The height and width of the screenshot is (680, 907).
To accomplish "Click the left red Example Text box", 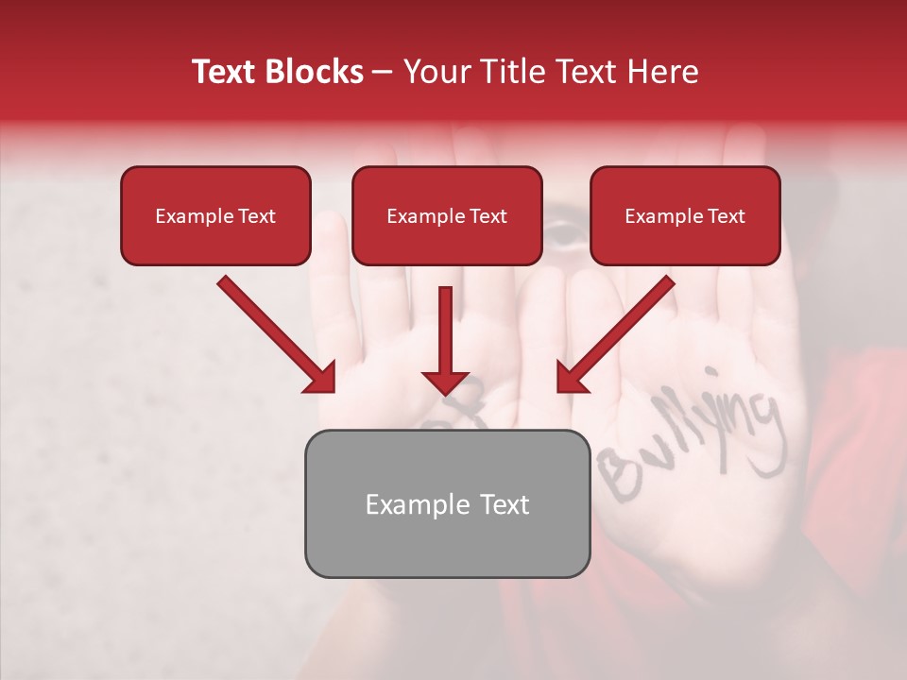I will (215, 215).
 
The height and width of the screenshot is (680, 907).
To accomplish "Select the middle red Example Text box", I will (447, 215).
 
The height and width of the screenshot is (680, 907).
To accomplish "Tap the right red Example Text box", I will (685, 215).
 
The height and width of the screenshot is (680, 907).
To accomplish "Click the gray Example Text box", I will (447, 503).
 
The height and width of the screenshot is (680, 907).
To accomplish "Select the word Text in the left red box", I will (255, 216).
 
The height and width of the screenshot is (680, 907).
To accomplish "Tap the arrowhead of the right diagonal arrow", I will (571, 377).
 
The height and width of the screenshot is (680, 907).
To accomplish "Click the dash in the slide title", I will (383, 72).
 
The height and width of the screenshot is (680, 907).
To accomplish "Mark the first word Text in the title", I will (227, 72).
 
